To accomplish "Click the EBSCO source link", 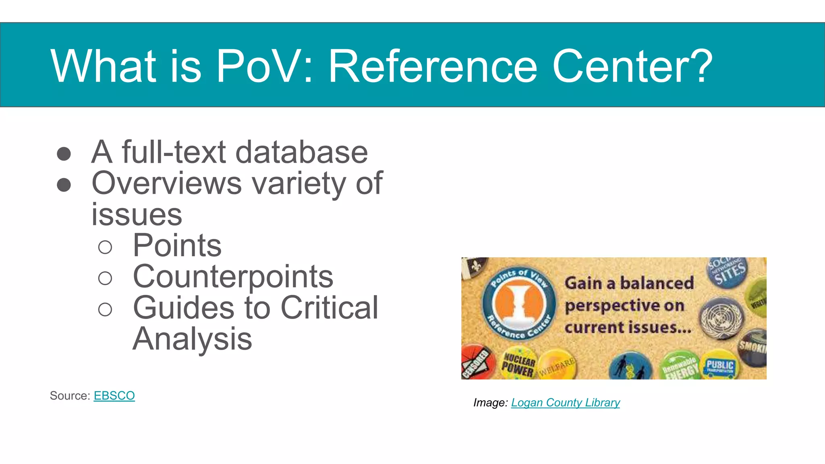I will click(x=114, y=396).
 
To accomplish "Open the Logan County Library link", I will click(x=565, y=402).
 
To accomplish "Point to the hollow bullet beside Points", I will click(x=105, y=247).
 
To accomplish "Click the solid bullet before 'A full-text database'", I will click(x=64, y=153).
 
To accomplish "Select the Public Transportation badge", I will click(x=720, y=367).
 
